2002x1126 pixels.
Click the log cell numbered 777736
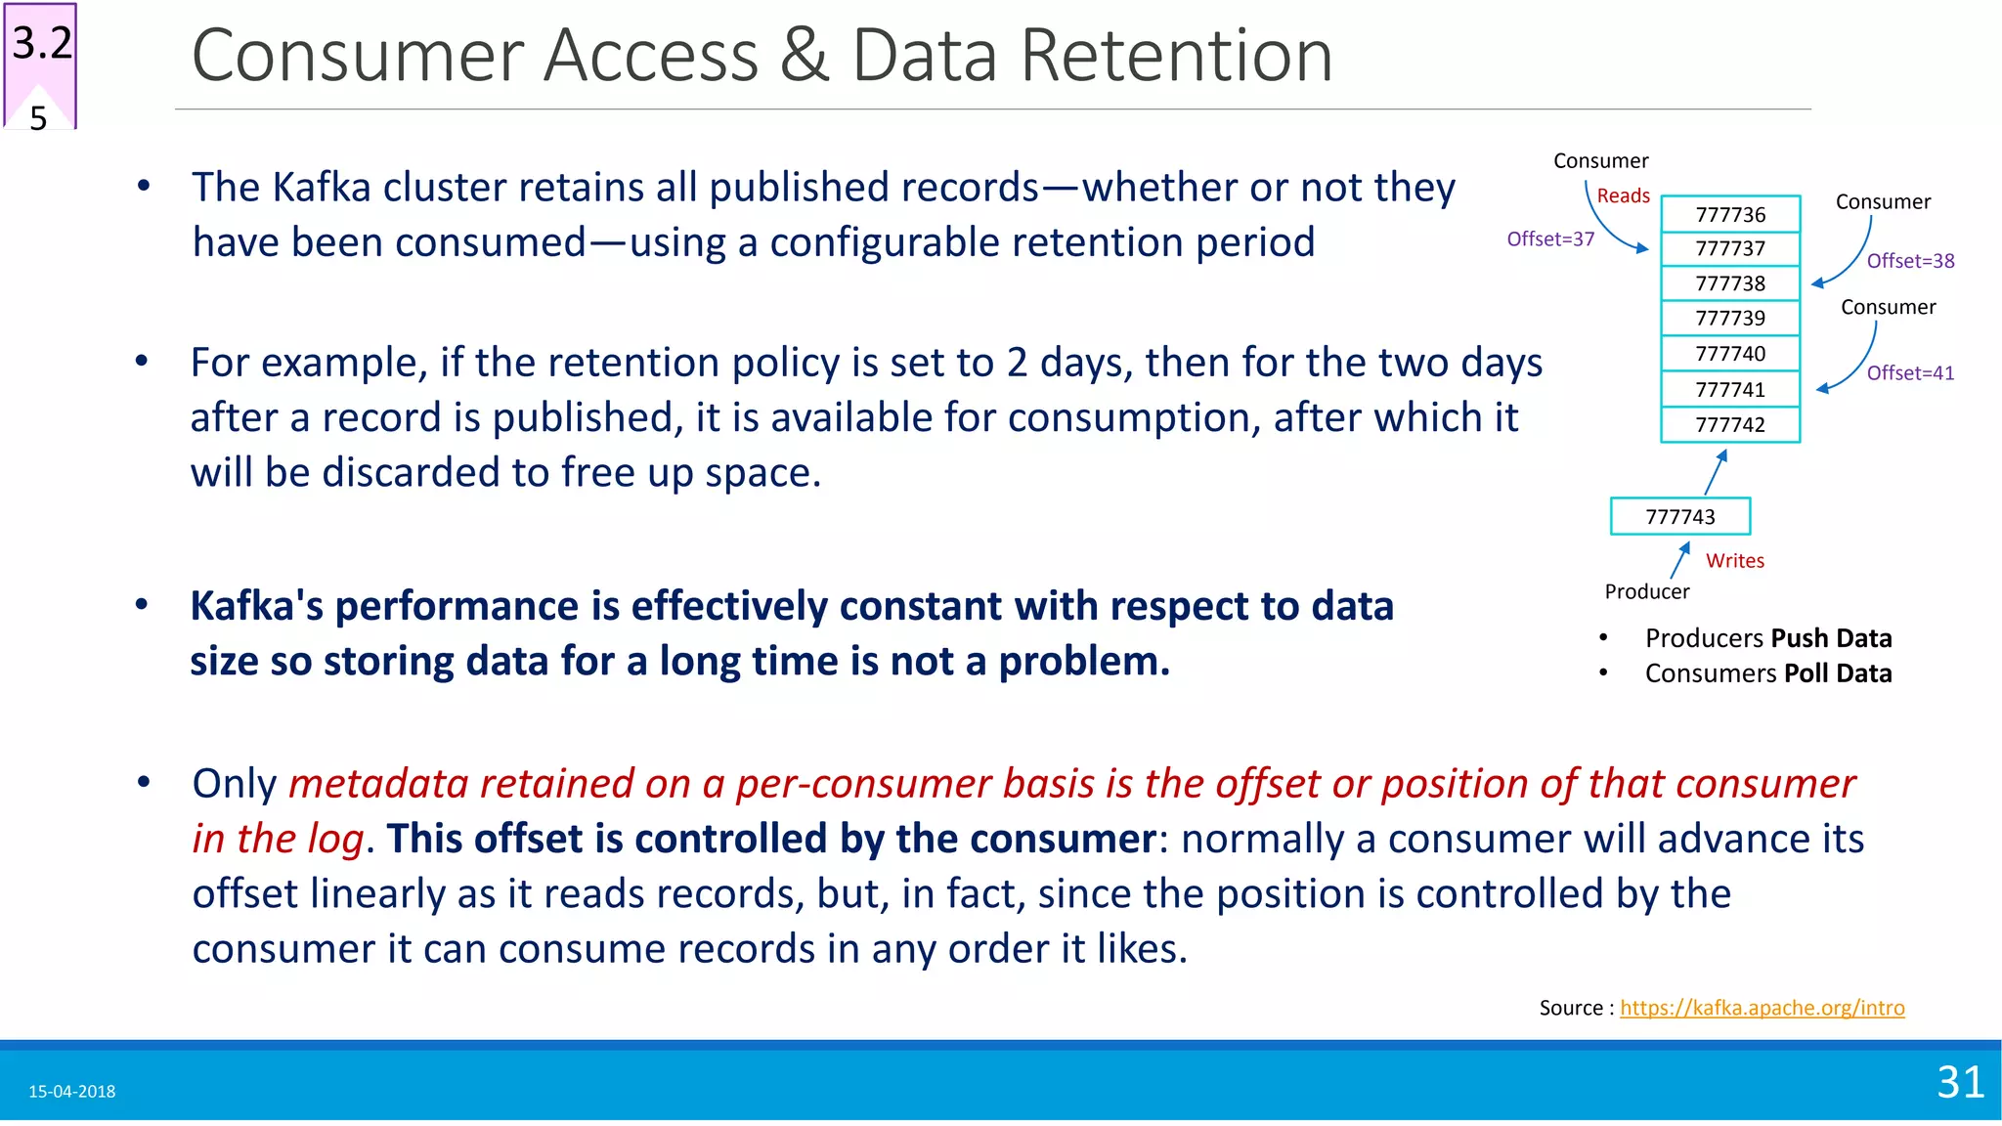point(1730,214)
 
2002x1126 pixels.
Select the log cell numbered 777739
point(1730,318)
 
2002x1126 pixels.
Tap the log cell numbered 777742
point(1730,424)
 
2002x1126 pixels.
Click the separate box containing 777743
point(1680,516)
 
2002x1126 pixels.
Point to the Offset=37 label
point(1550,238)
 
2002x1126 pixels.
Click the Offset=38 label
point(1910,261)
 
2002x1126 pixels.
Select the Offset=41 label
point(1910,372)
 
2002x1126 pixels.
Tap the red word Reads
point(1623,195)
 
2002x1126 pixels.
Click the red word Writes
point(1735,560)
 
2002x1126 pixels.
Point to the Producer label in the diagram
point(1647,591)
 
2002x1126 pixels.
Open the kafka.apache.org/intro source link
point(1762,1008)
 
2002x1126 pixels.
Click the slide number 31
point(1960,1082)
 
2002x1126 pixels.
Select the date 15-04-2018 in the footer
point(72,1091)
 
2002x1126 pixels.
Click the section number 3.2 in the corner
point(42,43)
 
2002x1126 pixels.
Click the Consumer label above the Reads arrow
point(1600,160)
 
